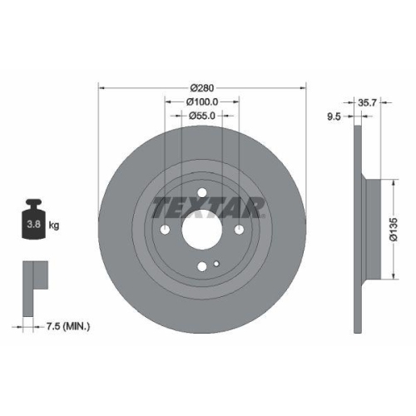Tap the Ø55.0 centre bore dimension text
pyautogui.click(x=202, y=116)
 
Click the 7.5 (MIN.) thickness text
pyautogui.click(x=68, y=326)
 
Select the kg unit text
pyautogui.click(x=55, y=225)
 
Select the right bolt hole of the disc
pyautogui.click(x=240, y=230)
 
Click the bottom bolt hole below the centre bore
pyautogui.click(x=202, y=267)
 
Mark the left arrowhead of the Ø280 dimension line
pyautogui.click(x=102, y=87)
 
